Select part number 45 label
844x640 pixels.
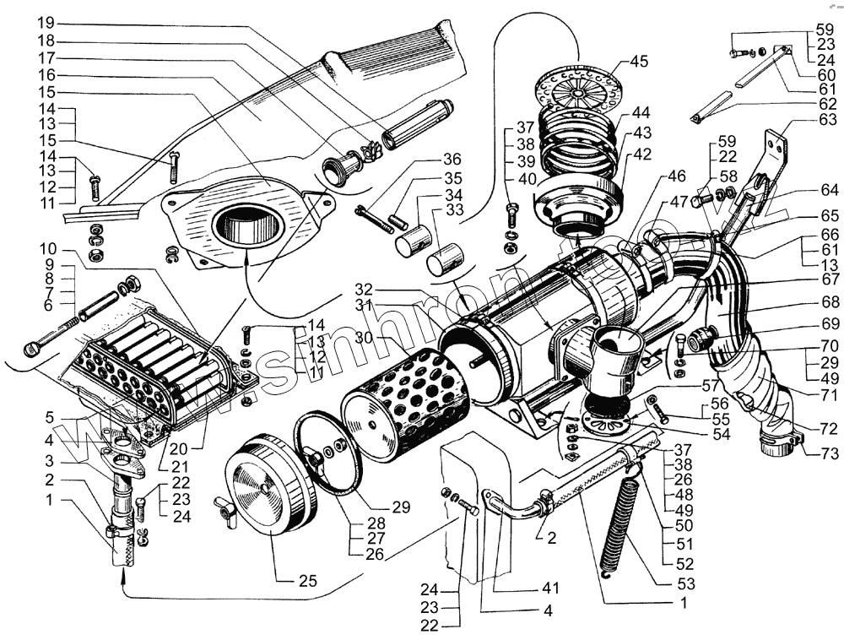(638, 61)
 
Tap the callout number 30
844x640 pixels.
(365, 336)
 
